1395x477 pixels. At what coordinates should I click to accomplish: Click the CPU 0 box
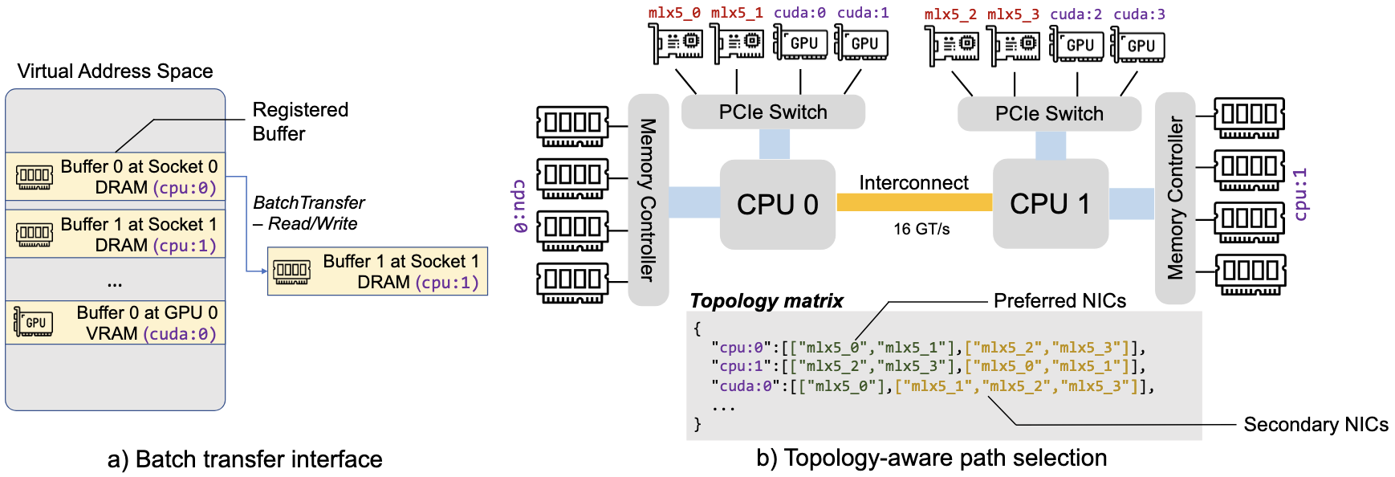[777, 204]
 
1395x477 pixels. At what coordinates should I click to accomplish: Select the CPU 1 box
[1050, 204]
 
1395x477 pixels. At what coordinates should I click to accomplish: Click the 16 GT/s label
[921, 230]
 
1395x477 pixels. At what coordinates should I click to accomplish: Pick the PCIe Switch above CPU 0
[773, 112]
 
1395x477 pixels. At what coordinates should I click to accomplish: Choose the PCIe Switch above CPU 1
[1049, 113]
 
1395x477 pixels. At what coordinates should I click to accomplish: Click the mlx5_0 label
[674, 13]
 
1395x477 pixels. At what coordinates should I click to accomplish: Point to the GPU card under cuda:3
[1137, 45]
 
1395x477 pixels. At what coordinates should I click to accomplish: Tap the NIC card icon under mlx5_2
[952, 44]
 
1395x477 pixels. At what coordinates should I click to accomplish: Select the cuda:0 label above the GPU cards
[799, 13]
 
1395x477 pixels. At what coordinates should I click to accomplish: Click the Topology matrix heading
[767, 301]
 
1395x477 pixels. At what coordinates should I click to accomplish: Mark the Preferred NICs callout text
[1059, 301]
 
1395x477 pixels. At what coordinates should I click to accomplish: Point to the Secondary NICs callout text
[1316, 425]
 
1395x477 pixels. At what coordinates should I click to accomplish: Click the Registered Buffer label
[300, 121]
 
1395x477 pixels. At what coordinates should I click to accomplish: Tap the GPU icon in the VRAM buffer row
[34, 323]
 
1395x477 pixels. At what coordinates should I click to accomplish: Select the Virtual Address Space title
[115, 71]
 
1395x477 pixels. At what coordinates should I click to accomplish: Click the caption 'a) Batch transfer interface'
[245, 459]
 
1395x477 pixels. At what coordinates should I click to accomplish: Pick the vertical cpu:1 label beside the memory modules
[1300, 194]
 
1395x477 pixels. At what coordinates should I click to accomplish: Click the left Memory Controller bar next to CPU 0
[648, 200]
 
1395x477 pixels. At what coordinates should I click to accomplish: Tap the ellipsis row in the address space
[115, 282]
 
